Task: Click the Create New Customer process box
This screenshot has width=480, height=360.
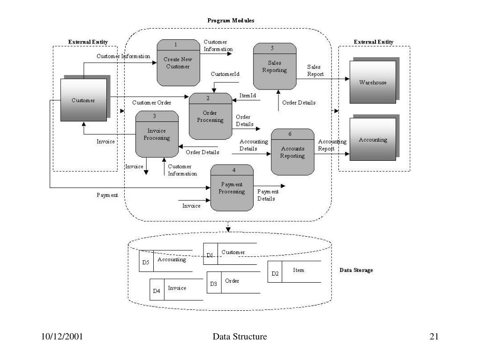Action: coord(177,63)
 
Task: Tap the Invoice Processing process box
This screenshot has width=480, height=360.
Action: coord(157,134)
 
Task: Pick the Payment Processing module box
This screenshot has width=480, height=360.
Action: coord(232,188)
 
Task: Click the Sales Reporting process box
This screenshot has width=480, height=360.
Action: coord(275,67)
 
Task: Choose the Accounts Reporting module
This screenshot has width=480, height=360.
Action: coord(292,152)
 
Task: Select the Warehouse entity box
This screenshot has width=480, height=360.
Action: coord(373,82)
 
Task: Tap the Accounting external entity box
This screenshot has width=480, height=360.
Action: coord(373,140)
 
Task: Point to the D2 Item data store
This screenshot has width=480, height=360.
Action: coord(294,271)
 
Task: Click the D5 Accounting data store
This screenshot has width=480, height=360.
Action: coord(166,261)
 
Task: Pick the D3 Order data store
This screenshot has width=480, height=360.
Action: coord(233,282)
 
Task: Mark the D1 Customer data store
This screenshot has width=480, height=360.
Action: coord(230,254)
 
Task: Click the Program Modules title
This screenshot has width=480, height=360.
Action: coord(231,21)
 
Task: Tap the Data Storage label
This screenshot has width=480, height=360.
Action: coord(356,270)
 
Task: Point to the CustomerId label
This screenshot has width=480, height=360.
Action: coord(225,74)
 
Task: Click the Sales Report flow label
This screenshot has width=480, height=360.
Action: coord(315,71)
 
